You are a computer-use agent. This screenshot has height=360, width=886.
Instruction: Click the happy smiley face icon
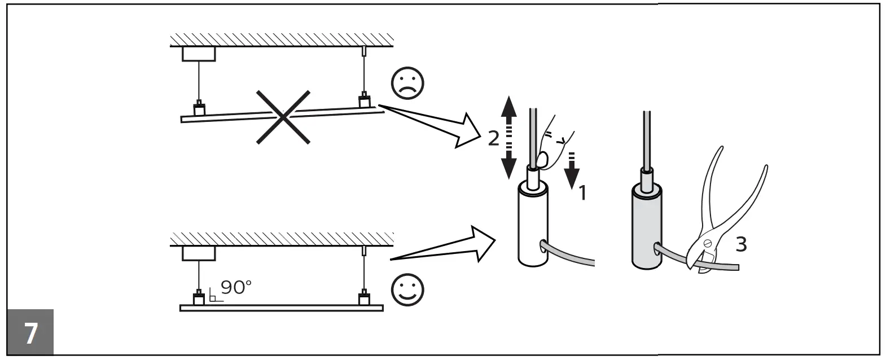407,289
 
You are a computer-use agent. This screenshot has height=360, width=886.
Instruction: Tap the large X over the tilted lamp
283,117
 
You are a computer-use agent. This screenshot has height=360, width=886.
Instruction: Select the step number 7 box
30,332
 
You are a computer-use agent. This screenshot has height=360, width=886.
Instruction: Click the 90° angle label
236,287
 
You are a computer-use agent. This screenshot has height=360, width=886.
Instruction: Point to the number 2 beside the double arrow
493,137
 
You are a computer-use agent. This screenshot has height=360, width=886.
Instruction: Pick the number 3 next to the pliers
741,244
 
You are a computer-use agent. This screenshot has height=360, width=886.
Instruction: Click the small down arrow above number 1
572,169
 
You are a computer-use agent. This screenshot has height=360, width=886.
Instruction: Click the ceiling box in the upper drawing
199,54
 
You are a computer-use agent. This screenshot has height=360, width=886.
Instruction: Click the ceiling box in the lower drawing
199,253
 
